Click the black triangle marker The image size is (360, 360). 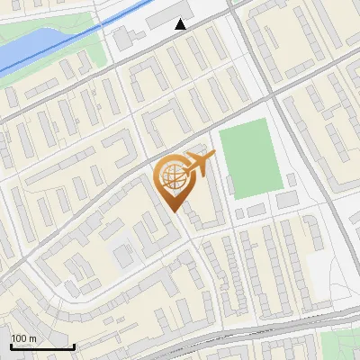pos(181,24)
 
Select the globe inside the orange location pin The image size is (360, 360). pos(172,178)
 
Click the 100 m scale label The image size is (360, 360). pos(24,338)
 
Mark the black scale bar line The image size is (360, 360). pos(41,346)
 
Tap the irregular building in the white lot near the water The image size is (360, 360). pos(122,39)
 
